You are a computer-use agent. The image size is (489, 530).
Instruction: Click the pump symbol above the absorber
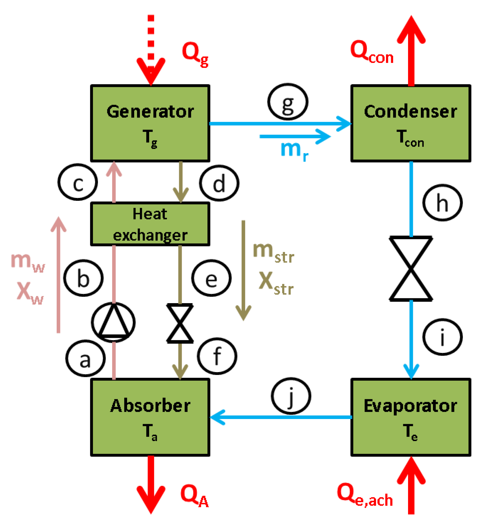[113, 321]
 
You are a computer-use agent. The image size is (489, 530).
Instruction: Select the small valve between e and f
[180, 323]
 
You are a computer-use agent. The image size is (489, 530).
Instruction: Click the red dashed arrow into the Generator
[151, 49]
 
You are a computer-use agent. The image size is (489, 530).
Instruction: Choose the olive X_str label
[275, 283]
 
